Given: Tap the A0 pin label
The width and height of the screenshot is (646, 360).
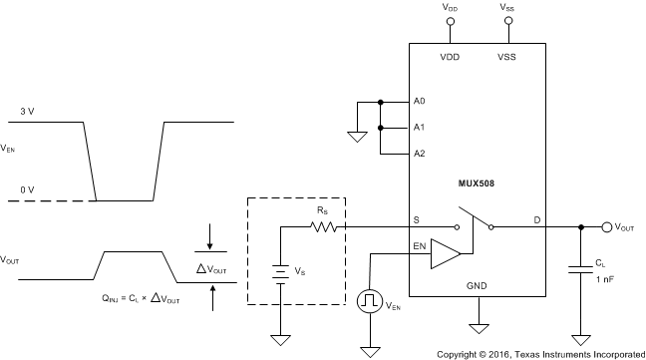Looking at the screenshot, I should (x=419, y=102).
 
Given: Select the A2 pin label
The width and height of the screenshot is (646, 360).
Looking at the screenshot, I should (x=419, y=154).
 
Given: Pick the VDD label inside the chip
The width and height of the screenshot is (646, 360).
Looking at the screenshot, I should (x=450, y=57).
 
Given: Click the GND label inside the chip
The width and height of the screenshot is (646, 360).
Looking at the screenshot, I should (x=477, y=285).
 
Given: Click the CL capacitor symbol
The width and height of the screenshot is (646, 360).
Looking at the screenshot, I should (x=579, y=267).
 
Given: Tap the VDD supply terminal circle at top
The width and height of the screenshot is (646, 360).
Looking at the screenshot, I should (x=450, y=21).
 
